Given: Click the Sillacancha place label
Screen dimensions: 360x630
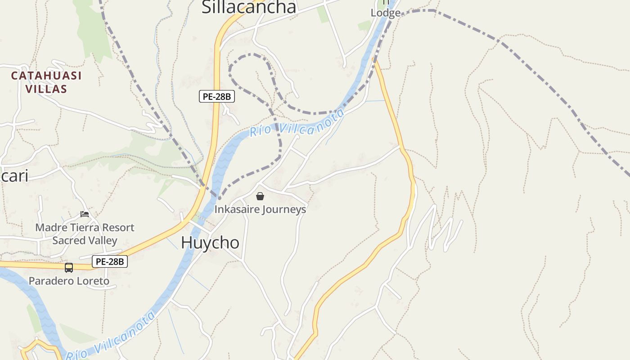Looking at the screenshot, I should (249, 7).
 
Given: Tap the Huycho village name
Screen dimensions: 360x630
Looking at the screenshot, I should (210, 243).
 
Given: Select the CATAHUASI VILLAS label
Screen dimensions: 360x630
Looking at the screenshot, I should (46, 82).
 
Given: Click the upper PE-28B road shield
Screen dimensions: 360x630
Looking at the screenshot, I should (217, 96).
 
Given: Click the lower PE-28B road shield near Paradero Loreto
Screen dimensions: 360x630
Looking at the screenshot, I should (110, 261).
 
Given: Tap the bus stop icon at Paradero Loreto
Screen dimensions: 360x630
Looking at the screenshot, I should (69, 268).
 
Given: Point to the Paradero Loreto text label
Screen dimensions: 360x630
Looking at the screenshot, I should (69, 281).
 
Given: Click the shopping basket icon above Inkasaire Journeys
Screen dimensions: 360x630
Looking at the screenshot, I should (260, 196).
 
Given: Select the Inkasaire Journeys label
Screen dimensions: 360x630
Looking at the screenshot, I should (260, 209).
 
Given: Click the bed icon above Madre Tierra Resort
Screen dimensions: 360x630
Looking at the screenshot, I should (85, 214).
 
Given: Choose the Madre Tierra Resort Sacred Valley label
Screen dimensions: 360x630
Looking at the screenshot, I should (85, 234).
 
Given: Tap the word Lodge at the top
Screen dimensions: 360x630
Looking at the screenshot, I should (386, 13).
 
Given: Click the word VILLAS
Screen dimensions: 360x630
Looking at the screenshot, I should (46, 89).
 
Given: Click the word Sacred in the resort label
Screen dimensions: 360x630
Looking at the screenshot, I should (69, 240).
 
